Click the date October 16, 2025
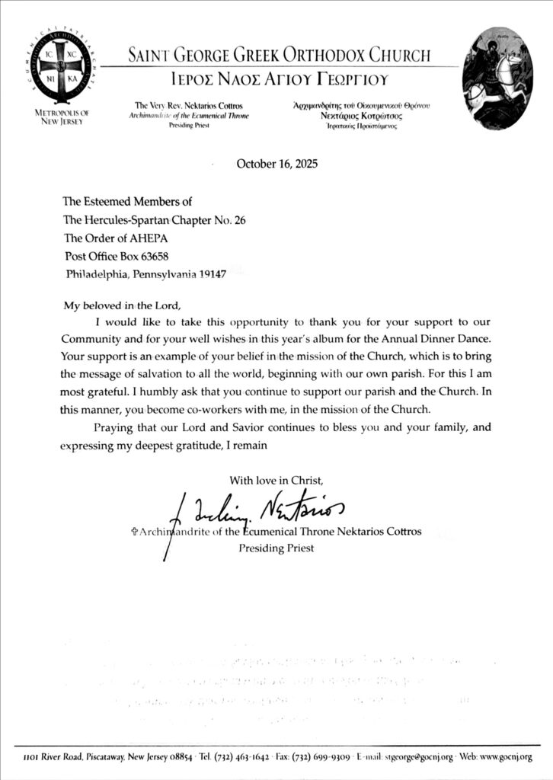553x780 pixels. coord(277,164)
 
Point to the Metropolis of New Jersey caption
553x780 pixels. coord(63,117)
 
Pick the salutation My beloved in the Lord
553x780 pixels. coord(123,305)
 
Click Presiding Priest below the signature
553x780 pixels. coord(276,548)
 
